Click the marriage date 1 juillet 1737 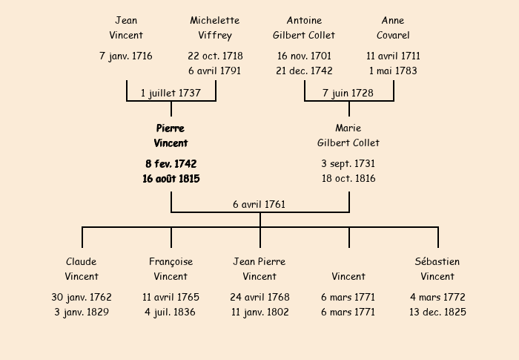click(x=171, y=93)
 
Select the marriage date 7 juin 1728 click(x=348, y=93)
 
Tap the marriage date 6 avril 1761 click(x=259, y=204)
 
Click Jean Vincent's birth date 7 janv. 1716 click(x=126, y=56)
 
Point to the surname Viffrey click(x=215, y=35)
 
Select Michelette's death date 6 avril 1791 click(x=215, y=71)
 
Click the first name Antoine click(x=304, y=20)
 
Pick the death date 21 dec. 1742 click(x=304, y=71)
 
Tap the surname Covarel click(x=393, y=35)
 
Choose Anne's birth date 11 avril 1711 click(x=393, y=56)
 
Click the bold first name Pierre click(x=171, y=128)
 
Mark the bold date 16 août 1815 click(x=171, y=179)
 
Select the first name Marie click(x=348, y=128)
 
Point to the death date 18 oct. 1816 click(x=348, y=179)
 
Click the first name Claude click(x=82, y=261)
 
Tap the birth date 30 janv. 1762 click(x=82, y=297)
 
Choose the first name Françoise click(x=171, y=261)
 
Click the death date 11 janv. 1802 click(x=259, y=312)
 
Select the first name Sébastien click(x=437, y=261)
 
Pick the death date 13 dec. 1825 click(x=437, y=312)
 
